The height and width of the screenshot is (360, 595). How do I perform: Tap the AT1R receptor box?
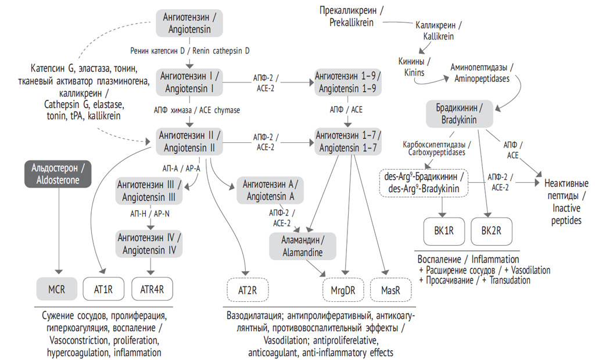click(103, 287)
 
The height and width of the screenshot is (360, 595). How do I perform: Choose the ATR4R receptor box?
click(152, 287)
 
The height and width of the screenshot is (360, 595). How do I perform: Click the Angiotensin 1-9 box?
click(347, 82)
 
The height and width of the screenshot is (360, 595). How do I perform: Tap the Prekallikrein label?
click(351, 16)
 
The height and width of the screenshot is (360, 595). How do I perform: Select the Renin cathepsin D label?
click(191, 51)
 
